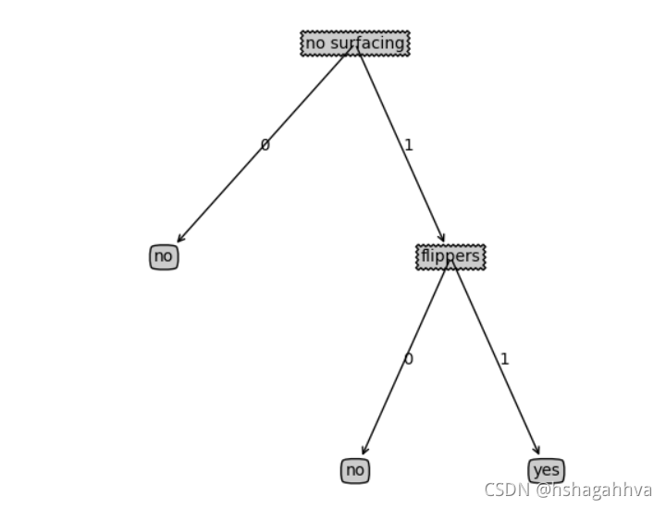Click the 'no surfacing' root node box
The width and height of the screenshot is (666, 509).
tap(355, 43)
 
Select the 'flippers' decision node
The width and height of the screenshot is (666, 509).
tap(450, 256)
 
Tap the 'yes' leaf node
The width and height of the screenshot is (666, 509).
tap(546, 470)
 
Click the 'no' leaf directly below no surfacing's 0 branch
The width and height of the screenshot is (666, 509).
tap(164, 256)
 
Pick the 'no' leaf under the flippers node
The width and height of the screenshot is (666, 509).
tap(355, 470)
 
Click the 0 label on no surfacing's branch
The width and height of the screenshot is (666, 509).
tap(265, 145)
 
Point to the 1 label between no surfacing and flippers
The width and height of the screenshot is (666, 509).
tap(408, 145)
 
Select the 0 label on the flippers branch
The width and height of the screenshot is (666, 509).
tap(408, 359)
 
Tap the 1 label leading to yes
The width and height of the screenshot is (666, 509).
tap(504, 359)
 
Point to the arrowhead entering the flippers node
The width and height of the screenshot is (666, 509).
tap(442, 239)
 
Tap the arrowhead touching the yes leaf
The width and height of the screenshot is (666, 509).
tap(536, 451)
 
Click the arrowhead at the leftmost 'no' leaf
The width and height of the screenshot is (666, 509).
tap(180, 240)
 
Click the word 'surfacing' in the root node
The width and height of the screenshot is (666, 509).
tap(367, 43)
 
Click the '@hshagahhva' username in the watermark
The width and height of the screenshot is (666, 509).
tap(594, 490)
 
